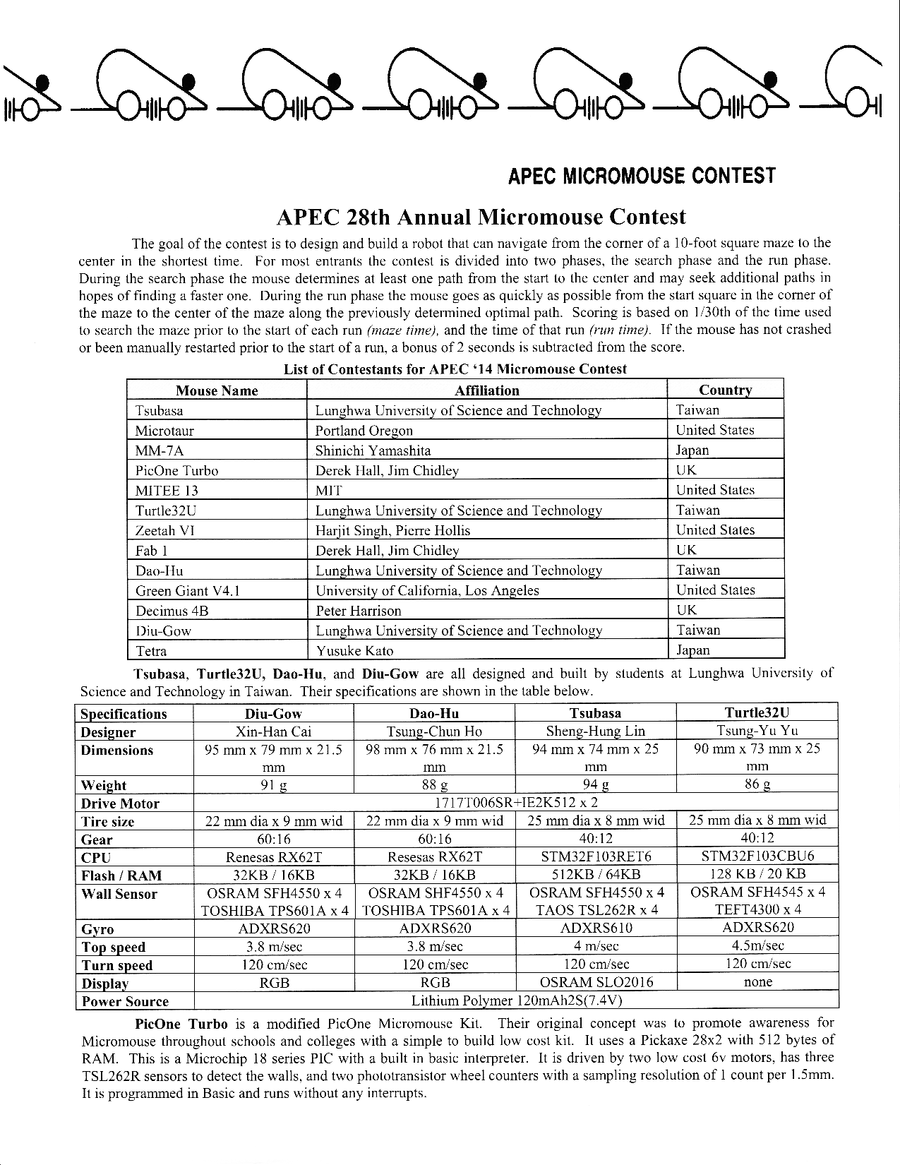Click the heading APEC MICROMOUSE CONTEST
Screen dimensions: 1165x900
coord(642,176)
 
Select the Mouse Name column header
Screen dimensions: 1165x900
coord(217,390)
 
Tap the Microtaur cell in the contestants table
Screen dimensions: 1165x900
coord(164,431)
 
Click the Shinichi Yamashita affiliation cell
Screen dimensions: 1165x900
coord(373,450)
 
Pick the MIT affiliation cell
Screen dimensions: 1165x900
coord(329,491)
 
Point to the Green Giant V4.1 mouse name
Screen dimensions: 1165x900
coord(188,591)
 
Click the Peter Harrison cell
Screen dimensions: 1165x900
coord(358,611)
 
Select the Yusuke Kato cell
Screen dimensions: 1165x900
coord(354,651)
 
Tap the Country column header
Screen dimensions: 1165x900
coord(725,390)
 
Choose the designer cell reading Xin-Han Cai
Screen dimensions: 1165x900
coord(273,731)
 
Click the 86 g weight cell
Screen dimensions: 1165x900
coord(757,784)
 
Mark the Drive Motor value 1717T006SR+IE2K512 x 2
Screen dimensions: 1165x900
coord(515,803)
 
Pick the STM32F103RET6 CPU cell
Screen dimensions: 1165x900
coord(596,857)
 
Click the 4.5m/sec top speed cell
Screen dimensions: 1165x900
coord(757,946)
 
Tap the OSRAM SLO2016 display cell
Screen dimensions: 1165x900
coord(596,982)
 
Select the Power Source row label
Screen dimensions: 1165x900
coord(126,1001)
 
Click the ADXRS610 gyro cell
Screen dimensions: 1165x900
coord(596,928)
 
